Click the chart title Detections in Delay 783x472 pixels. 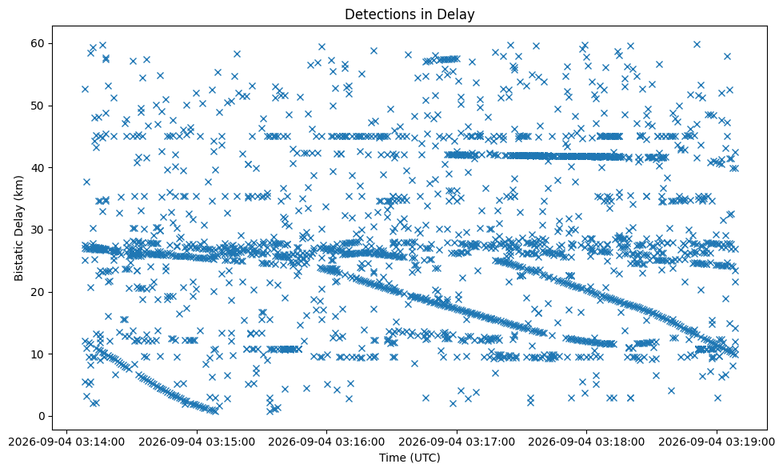(409, 14)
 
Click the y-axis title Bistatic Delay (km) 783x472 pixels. (18, 228)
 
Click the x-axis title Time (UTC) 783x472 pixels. (409, 458)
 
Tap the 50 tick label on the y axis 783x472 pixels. (38, 106)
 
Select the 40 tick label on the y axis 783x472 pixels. (38, 168)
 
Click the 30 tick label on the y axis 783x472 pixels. (38, 230)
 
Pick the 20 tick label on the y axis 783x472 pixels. (38, 292)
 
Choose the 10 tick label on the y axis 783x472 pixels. (38, 354)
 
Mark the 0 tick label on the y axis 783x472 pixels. (42, 416)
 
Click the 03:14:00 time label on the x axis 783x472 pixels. (67, 442)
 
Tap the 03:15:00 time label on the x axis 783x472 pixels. (197, 442)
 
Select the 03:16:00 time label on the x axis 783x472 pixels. (326, 442)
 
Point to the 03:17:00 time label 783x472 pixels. (457, 442)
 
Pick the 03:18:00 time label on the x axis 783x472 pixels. (586, 442)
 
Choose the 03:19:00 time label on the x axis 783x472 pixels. (716, 442)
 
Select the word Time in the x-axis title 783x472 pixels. (392, 458)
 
